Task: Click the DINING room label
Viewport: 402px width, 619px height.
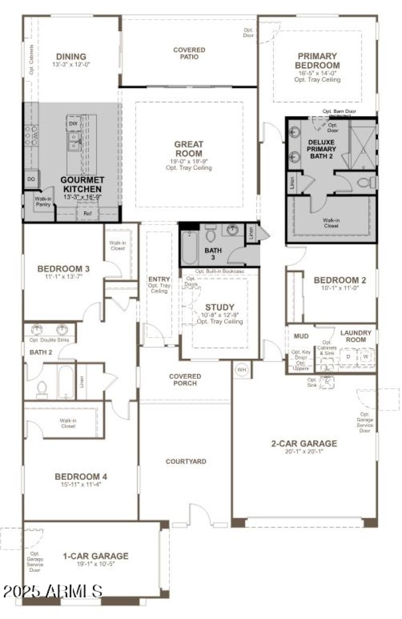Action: coord(71,57)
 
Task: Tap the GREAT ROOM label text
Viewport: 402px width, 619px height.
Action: coord(188,149)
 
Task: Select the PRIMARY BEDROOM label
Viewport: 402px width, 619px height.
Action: coord(317,61)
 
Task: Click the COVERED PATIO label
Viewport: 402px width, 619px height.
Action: coord(189,53)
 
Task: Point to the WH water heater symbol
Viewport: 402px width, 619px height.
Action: coord(242,370)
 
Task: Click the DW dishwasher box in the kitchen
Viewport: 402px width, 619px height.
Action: coord(73,123)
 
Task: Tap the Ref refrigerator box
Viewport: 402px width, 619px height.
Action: coord(87,214)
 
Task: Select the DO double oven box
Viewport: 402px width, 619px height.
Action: coord(30,179)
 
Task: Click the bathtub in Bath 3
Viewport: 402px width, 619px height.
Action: coord(189,247)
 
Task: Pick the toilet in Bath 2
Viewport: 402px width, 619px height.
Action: coord(42,389)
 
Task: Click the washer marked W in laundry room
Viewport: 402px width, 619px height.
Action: coord(366,357)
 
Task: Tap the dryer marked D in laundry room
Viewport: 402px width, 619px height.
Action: coord(348,357)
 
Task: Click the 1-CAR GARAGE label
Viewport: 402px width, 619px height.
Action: coord(95,556)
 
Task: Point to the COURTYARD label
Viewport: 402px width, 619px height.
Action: coord(186,461)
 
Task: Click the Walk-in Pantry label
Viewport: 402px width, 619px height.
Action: coord(43,202)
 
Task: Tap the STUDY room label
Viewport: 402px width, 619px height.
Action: coord(220,307)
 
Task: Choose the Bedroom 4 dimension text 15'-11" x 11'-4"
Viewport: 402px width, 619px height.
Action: coord(81,485)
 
